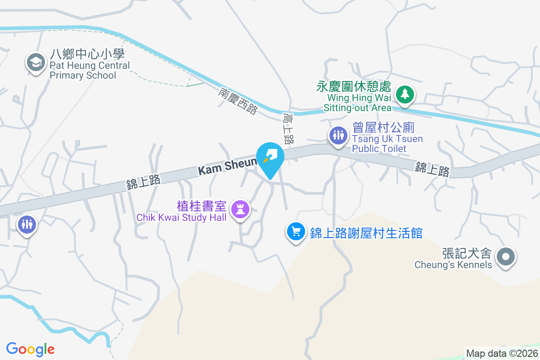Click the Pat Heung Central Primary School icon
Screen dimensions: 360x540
36,62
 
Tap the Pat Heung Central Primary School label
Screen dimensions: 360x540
89,65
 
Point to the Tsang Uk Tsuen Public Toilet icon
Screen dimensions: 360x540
337,135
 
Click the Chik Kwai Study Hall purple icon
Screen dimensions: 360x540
240,209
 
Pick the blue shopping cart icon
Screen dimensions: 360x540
296,232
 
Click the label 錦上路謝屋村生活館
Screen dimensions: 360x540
366,233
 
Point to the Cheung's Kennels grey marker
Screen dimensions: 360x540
505,257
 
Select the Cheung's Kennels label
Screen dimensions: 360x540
454,258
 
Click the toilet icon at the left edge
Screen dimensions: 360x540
27,224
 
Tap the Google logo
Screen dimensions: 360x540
31,349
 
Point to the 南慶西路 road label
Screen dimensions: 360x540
238,101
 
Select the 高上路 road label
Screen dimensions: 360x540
288,128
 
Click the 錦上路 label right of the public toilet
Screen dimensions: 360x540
432,170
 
